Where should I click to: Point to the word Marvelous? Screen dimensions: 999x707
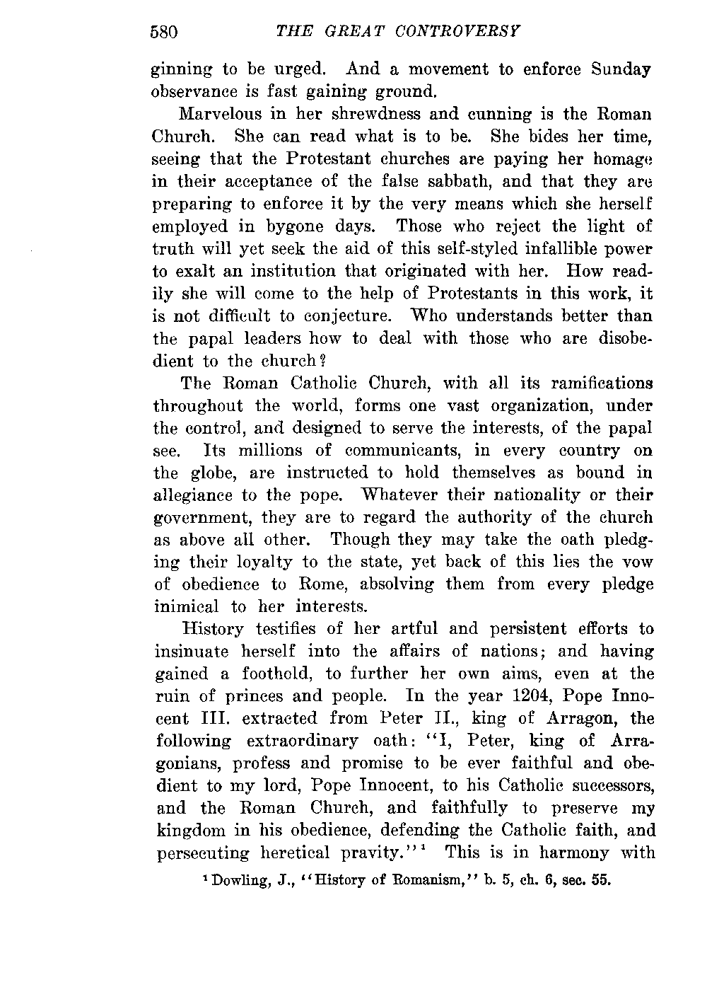pos(220,114)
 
